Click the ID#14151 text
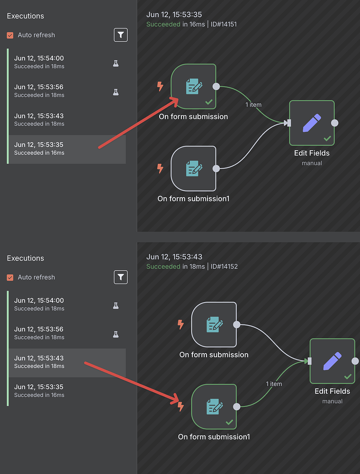pyautogui.click(x=224, y=24)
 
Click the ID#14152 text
pyautogui.click(x=224, y=266)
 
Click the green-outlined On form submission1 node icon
pyautogui.click(x=214, y=407)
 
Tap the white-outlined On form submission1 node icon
pyautogui.click(x=193, y=169)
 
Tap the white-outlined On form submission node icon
pyautogui.click(x=214, y=325)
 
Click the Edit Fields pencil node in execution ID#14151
pyautogui.click(x=312, y=123)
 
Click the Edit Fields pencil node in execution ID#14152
pyautogui.click(x=332, y=361)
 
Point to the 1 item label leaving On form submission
pyautogui.click(x=253, y=105)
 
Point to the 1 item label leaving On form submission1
pyautogui.click(x=274, y=384)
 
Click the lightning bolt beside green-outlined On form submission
pyautogui.click(x=160, y=86)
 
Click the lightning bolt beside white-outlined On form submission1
pyautogui.click(x=160, y=168)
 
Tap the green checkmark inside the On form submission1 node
pyautogui.click(x=229, y=422)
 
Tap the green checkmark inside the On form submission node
pyautogui.click(x=208, y=102)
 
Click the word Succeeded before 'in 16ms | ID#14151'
pyautogui.click(x=163, y=24)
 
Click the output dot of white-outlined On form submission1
pyautogui.click(x=216, y=169)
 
